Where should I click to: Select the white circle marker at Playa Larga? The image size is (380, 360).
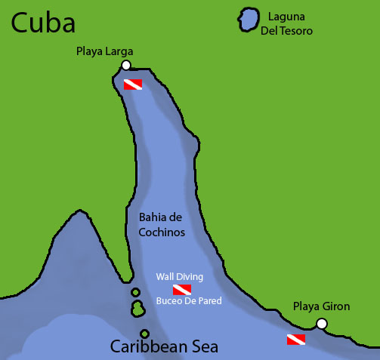(126, 65)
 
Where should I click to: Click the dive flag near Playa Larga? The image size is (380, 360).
(133, 84)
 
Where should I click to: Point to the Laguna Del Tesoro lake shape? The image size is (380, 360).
(247, 20)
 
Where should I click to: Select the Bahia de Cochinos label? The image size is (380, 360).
(162, 224)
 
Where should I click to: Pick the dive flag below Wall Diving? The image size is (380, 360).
(182, 289)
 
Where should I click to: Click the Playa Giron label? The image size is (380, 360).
(322, 307)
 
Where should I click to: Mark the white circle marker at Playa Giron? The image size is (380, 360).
(322, 324)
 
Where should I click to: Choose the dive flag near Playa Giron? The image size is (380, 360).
(295, 340)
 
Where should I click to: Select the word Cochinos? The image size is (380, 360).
(162, 232)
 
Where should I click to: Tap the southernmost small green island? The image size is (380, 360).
(144, 334)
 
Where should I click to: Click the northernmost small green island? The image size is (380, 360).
(135, 292)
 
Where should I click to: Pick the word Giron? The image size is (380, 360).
(336, 307)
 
